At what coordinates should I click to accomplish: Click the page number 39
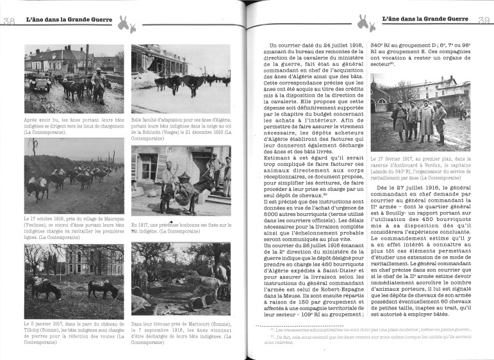click(484, 21)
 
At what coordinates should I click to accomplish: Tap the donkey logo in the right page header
click(365, 24)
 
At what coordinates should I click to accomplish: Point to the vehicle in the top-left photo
click(40, 83)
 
